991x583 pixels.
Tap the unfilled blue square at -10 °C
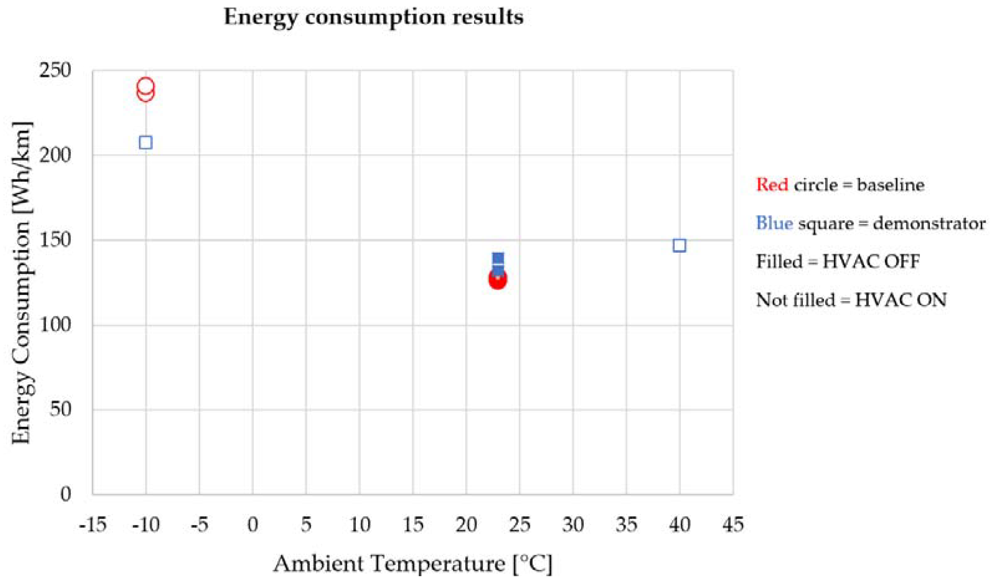click(x=146, y=143)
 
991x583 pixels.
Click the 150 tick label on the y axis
click(x=55, y=240)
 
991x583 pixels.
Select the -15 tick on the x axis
click(x=93, y=525)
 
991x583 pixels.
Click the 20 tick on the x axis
click(x=466, y=525)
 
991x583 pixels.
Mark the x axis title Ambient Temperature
click(x=413, y=564)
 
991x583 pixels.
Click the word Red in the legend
click(x=772, y=185)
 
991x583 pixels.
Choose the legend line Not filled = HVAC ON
click(x=851, y=300)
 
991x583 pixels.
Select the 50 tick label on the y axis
click(x=61, y=410)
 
